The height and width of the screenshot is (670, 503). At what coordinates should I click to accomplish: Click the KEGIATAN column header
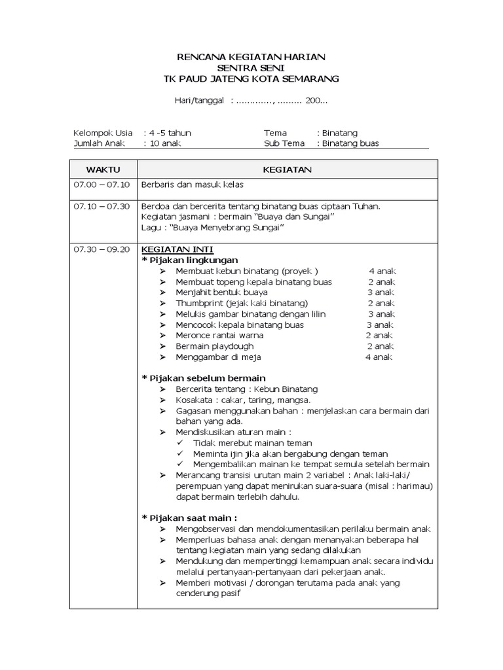click(287, 169)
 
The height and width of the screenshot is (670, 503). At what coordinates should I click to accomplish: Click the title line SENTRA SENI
click(251, 68)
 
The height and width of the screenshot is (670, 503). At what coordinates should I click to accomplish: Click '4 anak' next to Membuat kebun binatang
click(382, 271)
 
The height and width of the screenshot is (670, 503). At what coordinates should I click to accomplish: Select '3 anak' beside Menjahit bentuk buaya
click(381, 292)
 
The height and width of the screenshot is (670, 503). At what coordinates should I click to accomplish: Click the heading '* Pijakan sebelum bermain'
click(204, 378)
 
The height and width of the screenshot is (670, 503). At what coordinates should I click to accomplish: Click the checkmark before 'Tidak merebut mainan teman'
click(180, 443)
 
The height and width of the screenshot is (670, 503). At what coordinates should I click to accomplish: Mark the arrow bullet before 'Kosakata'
click(163, 400)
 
